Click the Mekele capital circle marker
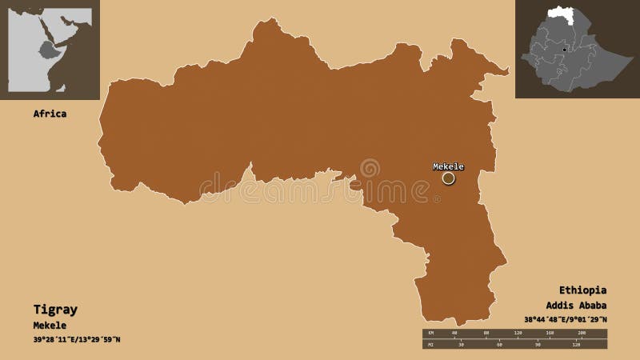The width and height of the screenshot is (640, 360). (x=448, y=178)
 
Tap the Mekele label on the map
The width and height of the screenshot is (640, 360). (x=448, y=166)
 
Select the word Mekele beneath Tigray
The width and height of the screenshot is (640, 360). (x=50, y=325)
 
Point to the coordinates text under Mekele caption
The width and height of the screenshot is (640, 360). (x=77, y=340)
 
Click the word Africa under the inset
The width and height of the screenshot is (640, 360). (x=50, y=114)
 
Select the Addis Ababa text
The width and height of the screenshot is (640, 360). (x=576, y=305)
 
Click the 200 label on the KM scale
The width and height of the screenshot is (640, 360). (x=582, y=332)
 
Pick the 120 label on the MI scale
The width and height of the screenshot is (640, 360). (x=575, y=346)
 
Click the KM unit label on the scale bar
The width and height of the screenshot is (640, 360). (x=430, y=332)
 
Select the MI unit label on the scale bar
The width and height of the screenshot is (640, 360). (x=430, y=346)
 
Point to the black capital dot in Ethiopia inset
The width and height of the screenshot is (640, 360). (x=565, y=50)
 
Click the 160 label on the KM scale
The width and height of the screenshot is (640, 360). (x=550, y=332)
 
